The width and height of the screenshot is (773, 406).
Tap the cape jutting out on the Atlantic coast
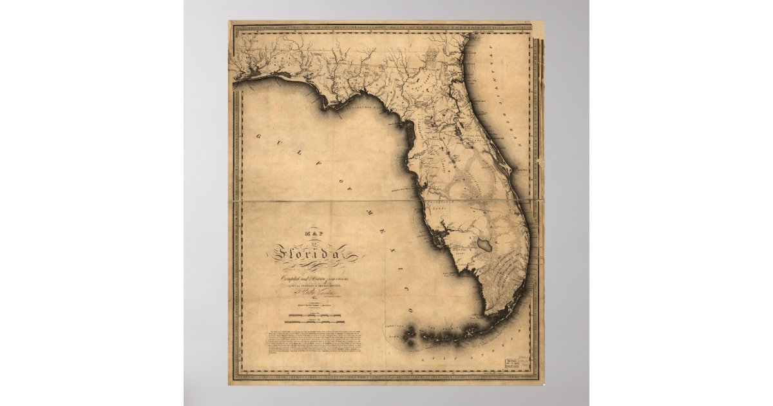click(509, 170)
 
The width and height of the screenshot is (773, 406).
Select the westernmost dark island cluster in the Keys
click(410, 333)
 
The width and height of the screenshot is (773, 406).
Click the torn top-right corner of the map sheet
click(539, 28)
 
